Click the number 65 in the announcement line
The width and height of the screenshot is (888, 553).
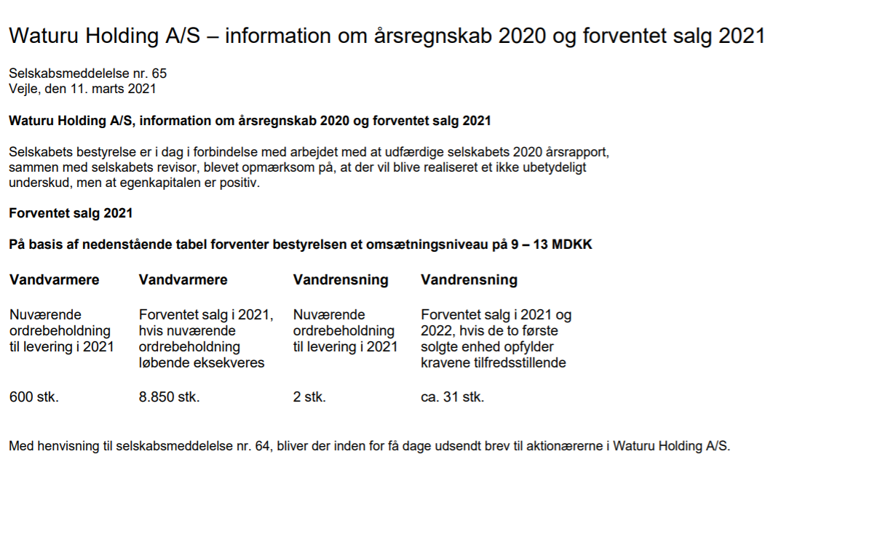coord(159,73)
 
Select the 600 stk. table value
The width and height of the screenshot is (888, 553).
coord(33,397)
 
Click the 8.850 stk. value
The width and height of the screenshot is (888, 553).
coord(169,397)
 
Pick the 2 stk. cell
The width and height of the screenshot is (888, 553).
coord(309,397)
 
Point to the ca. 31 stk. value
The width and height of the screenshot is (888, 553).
coord(452,397)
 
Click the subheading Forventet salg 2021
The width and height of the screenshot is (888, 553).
coord(71,213)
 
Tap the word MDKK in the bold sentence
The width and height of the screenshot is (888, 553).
coord(572,244)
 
